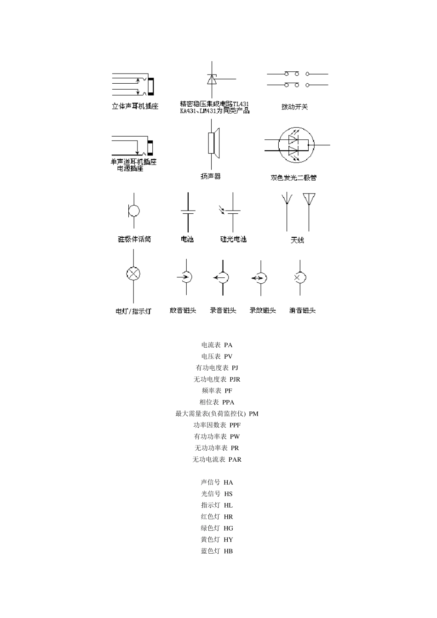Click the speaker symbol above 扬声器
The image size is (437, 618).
[x=213, y=143]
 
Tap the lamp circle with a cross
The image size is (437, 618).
[x=133, y=274]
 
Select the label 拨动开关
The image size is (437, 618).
[x=294, y=107]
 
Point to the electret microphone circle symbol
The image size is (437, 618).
[x=134, y=211]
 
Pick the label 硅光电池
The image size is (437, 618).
[x=233, y=240]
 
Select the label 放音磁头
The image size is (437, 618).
[x=183, y=311]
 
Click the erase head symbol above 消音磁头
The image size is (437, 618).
[x=300, y=278]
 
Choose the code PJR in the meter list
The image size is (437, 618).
[x=235, y=379]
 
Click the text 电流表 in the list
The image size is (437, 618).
[x=211, y=345]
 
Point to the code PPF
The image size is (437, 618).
[x=235, y=425]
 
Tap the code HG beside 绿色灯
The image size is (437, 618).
[x=228, y=528]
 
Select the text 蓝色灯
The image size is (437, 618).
[x=210, y=551]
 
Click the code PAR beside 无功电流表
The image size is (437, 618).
[x=235, y=459]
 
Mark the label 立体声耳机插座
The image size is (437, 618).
[x=135, y=107]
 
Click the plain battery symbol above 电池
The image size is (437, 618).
[x=188, y=212]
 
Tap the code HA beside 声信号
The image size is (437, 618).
[x=228, y=482]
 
